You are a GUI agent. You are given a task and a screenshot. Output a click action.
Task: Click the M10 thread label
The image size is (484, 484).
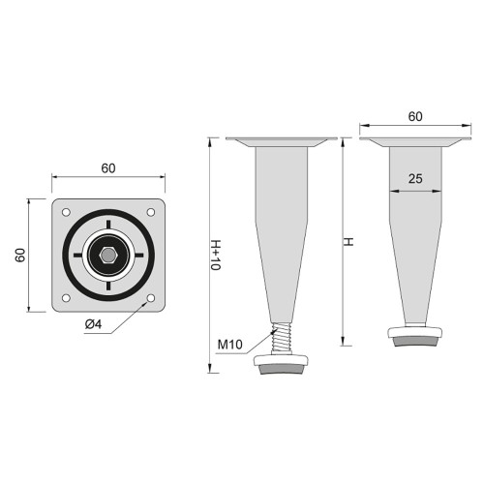pyautogui.click(x=229, y=344)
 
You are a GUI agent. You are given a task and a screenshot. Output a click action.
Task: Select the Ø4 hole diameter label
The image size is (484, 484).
pyautogui.click(x=96, y=323)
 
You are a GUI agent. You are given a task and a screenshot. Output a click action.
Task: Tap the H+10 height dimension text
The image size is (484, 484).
pyautogui.click(x=215, y=254)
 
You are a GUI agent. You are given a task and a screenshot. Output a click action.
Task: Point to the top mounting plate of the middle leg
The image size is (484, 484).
pyautogui.click(x=281, y=142)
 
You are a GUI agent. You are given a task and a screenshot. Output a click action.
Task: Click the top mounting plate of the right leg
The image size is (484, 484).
pyautogui.click(x=414, y=142)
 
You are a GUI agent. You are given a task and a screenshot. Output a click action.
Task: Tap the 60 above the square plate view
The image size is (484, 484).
pyautogui.click(x=107, y=167)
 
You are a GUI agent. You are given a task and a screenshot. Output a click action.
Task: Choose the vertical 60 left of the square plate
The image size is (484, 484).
pyautogui.click(x=20, y=255)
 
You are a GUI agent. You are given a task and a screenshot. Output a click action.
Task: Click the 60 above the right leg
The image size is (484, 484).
pyautogui.click(x=414, y=116)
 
